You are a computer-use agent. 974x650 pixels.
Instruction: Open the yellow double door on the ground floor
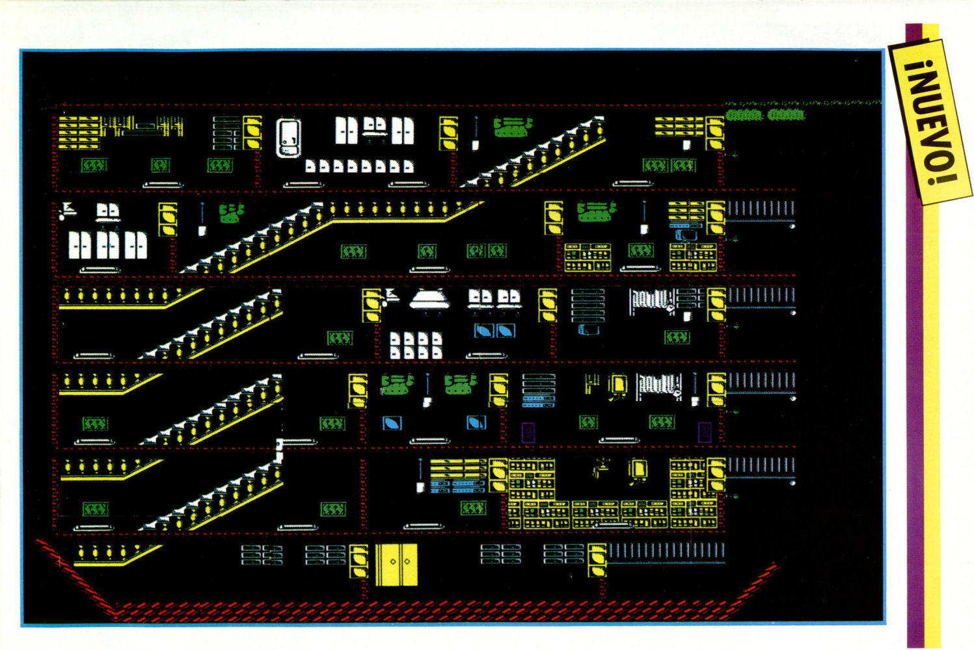coord(396,563)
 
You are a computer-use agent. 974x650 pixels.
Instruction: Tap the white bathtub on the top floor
coord(288,137)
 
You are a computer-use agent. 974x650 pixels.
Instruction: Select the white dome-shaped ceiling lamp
coord(429,301)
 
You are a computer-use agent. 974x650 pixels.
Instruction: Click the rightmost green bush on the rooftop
coord(786,115)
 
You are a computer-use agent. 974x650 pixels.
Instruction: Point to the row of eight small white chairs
coord(359,166)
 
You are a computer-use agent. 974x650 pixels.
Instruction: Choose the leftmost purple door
coord(528,432)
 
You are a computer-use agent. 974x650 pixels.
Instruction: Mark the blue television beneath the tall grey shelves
coord(589,329)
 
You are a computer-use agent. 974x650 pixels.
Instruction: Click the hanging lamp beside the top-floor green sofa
coord(476,133)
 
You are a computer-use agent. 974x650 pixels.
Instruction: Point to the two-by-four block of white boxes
coord(416,345)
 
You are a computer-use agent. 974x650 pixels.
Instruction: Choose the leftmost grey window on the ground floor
coord(262,554)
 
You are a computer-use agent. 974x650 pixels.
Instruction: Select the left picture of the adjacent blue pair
coord(483,330)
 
